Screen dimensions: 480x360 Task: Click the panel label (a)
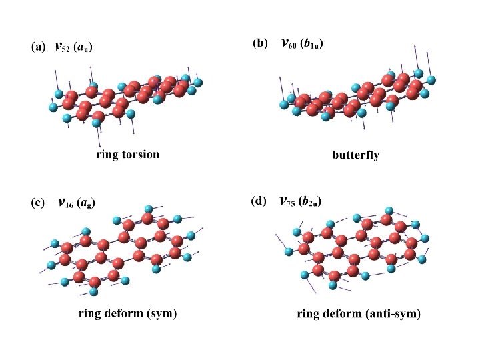click(x=38, y=47)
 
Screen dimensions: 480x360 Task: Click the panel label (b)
click(x=259, y=44)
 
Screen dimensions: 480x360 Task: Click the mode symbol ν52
click(x=61, y=47)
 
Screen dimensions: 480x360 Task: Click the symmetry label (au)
click(x=83, y=47)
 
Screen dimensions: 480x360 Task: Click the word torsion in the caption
click(x=140, y=154)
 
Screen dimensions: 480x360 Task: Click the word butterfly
click(x=355, y=155)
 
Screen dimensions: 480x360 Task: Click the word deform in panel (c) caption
click(x=121, y=312)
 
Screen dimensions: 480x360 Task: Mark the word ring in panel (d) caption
click(x=307, y=314)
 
